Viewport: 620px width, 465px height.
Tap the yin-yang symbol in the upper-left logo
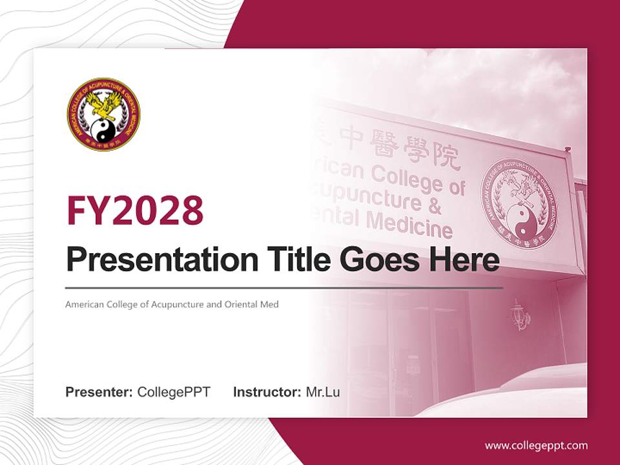[x=103, y=131]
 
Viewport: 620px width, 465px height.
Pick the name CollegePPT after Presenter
[x=174, y=392]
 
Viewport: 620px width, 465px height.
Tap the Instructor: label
[x=267, y=392]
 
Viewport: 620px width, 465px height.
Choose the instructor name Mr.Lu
[x=323, y=392]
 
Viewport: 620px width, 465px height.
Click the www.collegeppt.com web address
[x=536, y=445]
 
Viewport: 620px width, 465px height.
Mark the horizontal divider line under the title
[x=284, y=287]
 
